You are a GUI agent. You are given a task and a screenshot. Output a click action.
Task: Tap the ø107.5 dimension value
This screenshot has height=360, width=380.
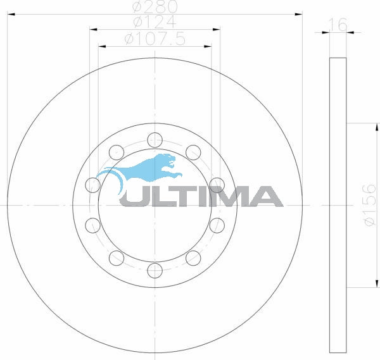pos(154,39)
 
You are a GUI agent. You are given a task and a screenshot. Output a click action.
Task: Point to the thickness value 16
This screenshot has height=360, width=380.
pos(339,25)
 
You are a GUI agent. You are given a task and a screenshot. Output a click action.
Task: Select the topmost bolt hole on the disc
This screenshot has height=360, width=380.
pos(154,139)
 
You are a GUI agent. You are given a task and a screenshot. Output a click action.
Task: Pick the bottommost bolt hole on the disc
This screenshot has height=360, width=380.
pos(154,270)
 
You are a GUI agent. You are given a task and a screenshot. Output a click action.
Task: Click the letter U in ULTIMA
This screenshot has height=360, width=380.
pos(133,197)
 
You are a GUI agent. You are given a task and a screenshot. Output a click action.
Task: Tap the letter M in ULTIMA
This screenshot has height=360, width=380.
pos(232,197)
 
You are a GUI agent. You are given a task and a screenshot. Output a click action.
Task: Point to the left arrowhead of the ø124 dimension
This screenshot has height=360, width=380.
pos(93,28)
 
